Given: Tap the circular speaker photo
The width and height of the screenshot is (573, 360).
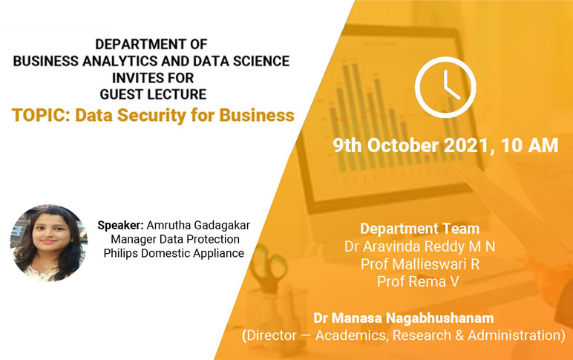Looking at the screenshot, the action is [x=48, y=243].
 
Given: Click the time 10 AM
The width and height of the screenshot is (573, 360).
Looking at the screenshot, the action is [x=529, y=145].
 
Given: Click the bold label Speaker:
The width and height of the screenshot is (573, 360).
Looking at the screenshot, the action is [x=120, y=226].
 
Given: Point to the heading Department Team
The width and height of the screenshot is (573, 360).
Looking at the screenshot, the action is [x=419, y=229].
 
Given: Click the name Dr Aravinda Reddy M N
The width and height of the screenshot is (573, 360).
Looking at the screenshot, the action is [x=419, y=246].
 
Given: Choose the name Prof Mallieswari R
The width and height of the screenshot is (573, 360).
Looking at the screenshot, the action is [x=420, y=264].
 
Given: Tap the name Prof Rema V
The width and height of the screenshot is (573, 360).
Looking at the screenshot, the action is [x=418, y=282].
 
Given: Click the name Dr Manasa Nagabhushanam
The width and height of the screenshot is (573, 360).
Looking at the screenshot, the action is [x=404, y=318].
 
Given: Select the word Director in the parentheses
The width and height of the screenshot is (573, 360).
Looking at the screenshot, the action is [x=272, y=336].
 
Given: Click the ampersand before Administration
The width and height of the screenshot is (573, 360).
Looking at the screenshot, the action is [x=459, y=336].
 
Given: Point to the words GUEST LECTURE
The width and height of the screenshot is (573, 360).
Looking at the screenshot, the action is [x=153, y=94].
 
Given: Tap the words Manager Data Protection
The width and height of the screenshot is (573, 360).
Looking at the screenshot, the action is [x=175, y=240].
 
